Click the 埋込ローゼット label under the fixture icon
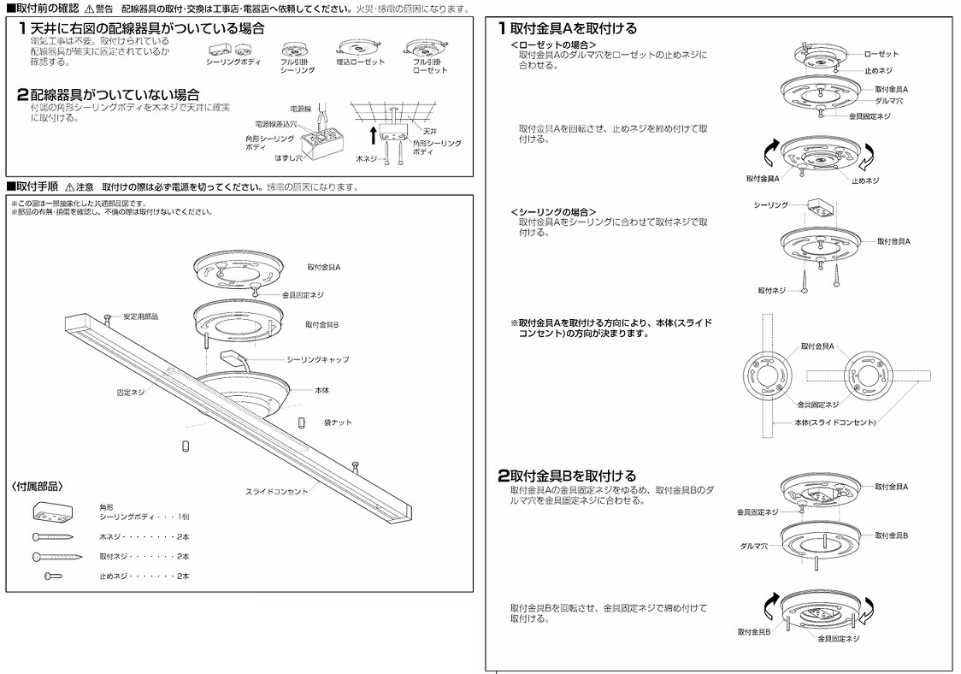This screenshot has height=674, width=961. click(362, 62)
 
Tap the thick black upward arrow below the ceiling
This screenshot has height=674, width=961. click(372, 134)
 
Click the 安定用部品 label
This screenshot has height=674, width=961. click(140, 316)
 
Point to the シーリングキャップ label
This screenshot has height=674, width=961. click(317, 359)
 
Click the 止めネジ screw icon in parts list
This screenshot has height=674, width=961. click(53, 576)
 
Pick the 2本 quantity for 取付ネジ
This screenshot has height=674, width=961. click(182, 556)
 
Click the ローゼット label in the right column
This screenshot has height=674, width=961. click(881, 54)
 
